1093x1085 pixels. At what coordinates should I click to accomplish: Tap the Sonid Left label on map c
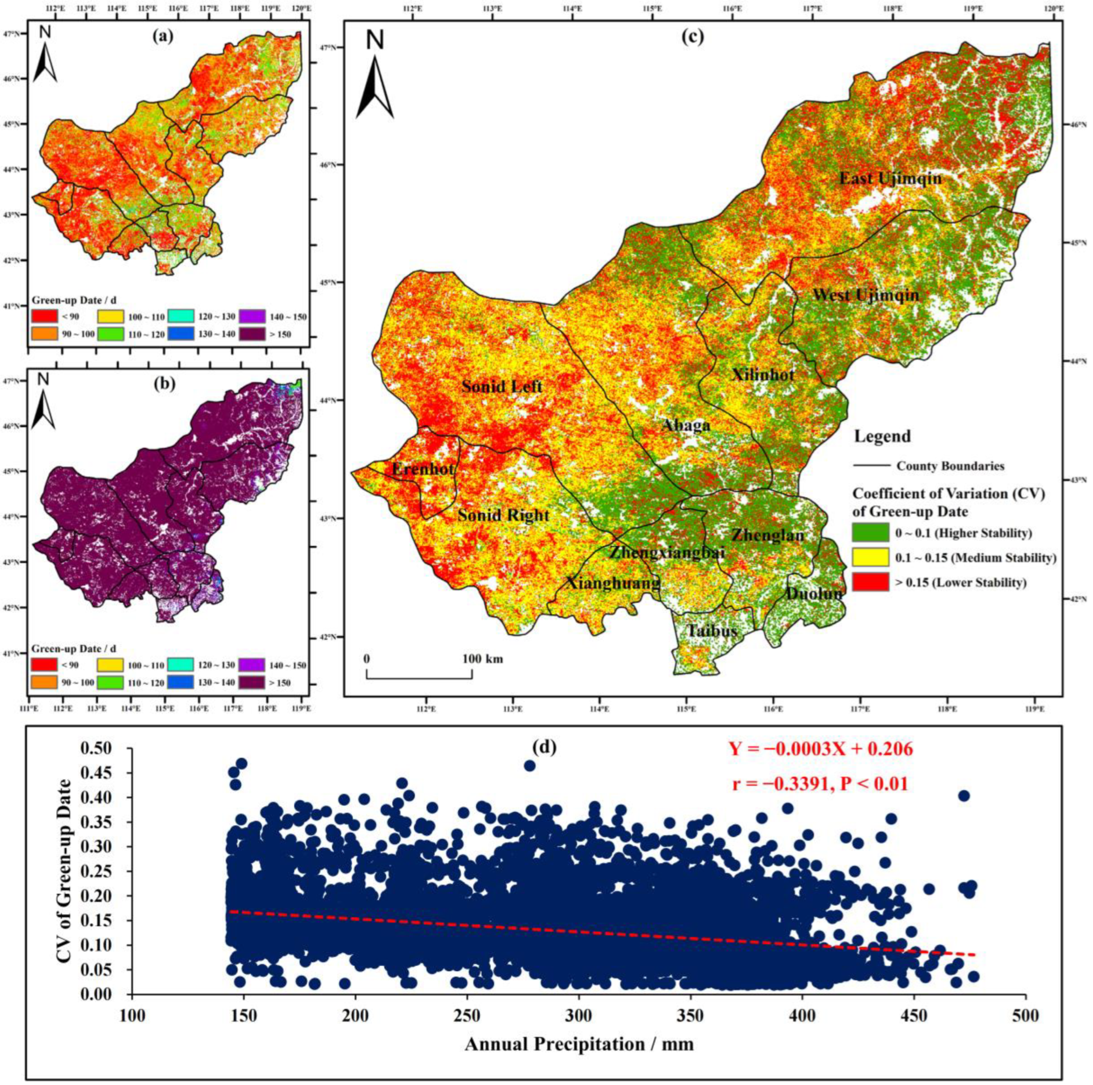tap(502, 386)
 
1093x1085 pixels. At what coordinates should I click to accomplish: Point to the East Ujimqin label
tap(891, 179)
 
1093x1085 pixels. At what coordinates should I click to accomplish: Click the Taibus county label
tap(712, 631)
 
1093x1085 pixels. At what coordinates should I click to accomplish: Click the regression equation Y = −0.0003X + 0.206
tap(821, 749)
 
